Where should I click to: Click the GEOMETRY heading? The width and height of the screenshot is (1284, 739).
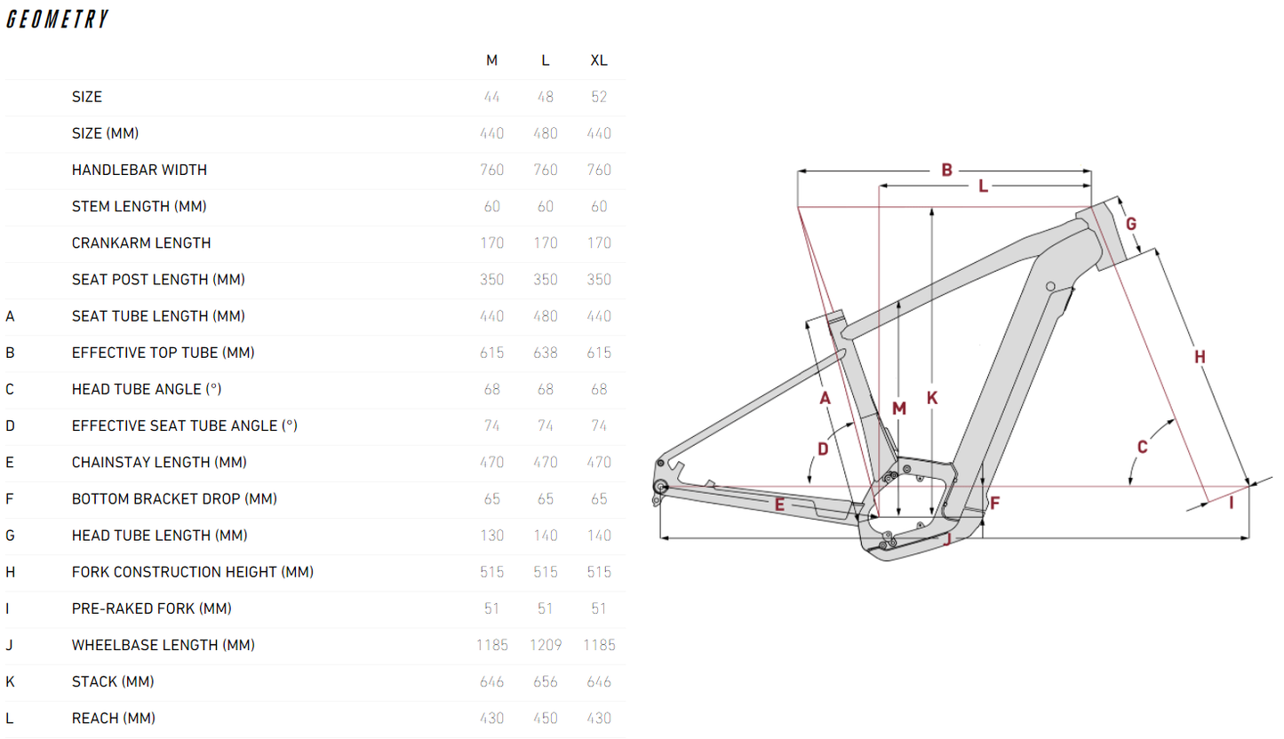[x=57, y=20]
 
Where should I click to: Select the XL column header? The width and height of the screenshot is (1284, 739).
[x=599, y=60]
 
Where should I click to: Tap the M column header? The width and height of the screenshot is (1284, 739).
[x=491, y=60]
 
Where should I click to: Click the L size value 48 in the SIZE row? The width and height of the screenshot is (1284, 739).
[x=546, y=97]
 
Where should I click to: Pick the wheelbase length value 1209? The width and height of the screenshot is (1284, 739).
[x=546, y=645]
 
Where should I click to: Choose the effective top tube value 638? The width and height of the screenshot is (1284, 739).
[x=546, y=353]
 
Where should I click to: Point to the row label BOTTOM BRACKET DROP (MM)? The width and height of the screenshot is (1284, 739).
[x=174, y=499]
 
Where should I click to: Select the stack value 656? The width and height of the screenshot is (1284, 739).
[x=546, y=681]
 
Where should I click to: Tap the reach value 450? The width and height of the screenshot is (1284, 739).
[x=546, y=718]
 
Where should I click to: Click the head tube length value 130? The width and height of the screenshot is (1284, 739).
[x=491, y=536]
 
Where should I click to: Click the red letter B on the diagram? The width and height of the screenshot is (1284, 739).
[x=947, y=170]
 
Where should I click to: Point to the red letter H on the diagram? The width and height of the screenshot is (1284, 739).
[x=1200, y=357]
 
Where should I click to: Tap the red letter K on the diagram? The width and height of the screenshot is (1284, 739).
[x=932, y=398]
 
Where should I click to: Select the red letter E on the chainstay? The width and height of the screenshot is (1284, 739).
[x=780, y=505]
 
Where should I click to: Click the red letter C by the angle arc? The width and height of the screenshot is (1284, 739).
[x=1143, y=447]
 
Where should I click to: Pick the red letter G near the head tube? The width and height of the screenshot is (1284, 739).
[x=1131, y=224]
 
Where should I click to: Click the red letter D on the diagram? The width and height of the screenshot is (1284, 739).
[x=823, y=449]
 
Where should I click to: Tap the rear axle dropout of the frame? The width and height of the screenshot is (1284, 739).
[x=660, y=485]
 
